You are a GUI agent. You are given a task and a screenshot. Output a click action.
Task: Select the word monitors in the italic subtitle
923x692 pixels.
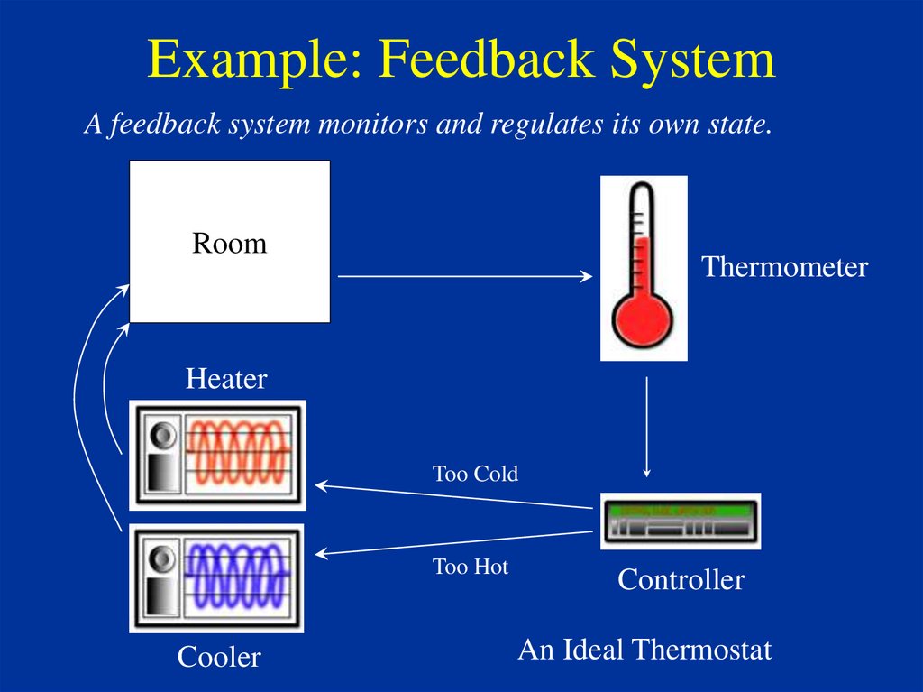click(372, 124)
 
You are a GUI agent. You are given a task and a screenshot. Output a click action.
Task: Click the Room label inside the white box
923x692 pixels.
click(230, 243)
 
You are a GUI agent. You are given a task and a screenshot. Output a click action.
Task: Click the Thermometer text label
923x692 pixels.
click(785, 266)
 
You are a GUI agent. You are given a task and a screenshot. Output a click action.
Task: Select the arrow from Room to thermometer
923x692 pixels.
click(465, 276)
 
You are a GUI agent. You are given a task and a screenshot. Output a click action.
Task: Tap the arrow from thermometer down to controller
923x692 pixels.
click(647, 428)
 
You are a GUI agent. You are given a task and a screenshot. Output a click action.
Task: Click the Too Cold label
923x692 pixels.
click(475, 474)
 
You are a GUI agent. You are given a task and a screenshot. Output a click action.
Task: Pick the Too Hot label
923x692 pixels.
click(471, 567)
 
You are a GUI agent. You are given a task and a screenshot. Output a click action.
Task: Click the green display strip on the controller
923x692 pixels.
click(681, 510)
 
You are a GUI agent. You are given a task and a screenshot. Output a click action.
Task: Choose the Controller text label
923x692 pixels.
click(681, 579)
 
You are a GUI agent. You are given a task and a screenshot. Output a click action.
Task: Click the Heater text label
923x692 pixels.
click(226, 378)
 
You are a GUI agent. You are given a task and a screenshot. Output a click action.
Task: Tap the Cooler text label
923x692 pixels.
click(219, 657)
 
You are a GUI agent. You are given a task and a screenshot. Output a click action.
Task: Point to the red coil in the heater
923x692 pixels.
click(238, 451)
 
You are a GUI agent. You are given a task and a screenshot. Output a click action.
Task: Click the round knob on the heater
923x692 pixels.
click(162, 436)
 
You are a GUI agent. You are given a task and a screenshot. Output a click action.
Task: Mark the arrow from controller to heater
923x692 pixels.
click(454, 496)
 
